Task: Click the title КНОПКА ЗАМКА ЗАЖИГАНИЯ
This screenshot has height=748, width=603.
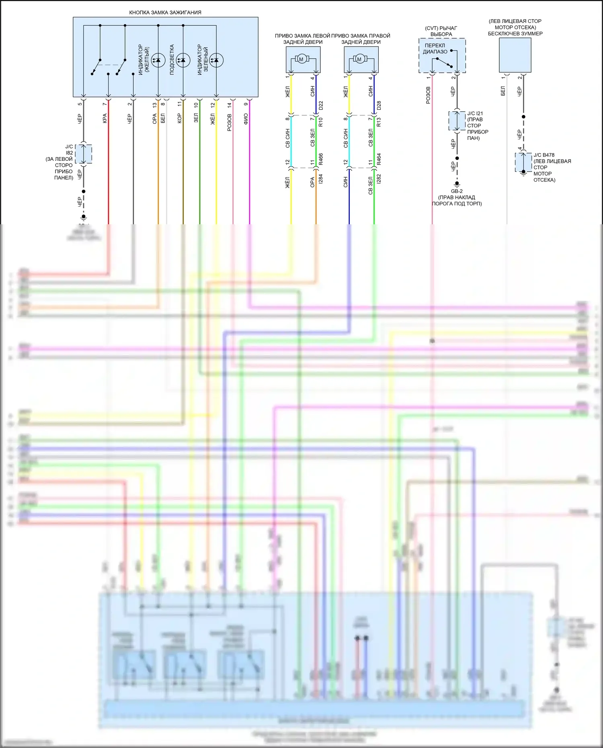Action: (x=165, y=12)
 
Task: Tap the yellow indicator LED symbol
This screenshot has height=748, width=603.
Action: (x=158, y=60)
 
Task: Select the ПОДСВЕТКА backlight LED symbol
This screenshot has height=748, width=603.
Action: (x=183, y=60)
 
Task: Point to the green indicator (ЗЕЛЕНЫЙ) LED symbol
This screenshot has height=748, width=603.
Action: (x=216, y=60)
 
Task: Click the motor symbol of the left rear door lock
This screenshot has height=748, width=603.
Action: (x=301, y=59)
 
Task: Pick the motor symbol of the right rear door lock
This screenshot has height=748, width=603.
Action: (x=359, y=59)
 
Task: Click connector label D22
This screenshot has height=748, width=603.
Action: (x=321, y=106)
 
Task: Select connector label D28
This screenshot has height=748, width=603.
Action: (x=379, y=106)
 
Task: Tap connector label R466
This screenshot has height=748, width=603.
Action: (x=321, y=159)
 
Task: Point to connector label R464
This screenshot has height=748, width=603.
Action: (x=379, y=159)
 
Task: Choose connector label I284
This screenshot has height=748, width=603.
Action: (x=321, y=179)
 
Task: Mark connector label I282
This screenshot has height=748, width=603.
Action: (x=379, y=179)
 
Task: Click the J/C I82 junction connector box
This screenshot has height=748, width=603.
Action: (x=84, y=154)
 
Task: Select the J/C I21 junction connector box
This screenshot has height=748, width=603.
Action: (x=457, y=121)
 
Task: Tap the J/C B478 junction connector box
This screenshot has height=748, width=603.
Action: (x=523, y=162)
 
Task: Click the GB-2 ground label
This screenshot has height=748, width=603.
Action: (x=457, y=191)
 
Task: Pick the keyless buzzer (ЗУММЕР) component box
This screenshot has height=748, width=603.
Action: (x=515, y=55)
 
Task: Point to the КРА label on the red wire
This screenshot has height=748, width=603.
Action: (x=105, y=118)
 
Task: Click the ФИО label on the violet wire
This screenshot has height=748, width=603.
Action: (x=246, y=119)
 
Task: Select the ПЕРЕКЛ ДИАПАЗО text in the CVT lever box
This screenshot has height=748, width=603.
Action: (x=435, y=49)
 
